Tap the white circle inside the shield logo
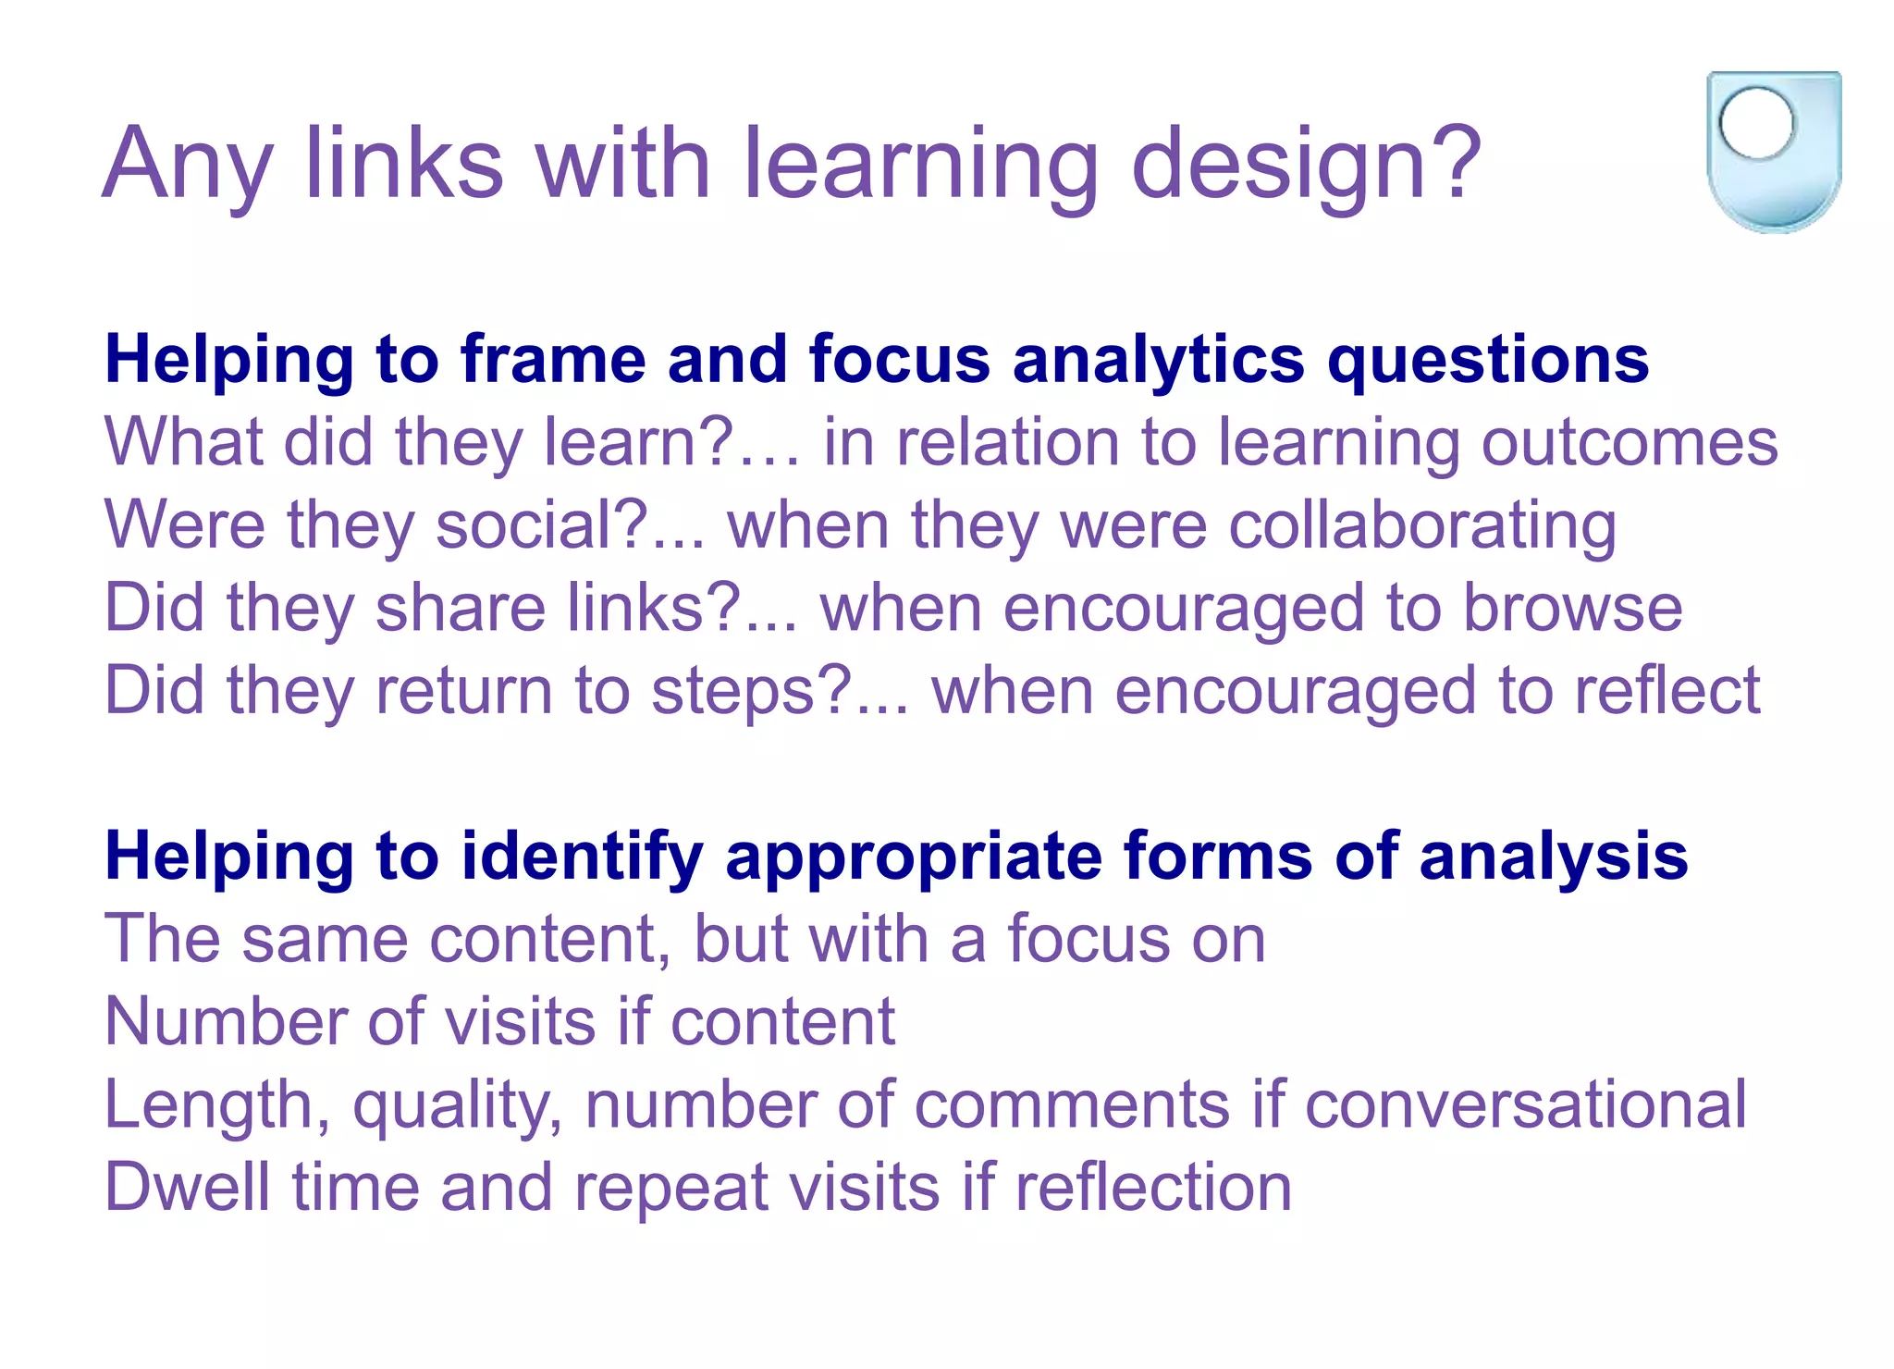coord(1755,122)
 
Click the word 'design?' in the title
coord(1306,165)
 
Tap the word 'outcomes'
coord(1630,442)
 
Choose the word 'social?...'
coord(570,525)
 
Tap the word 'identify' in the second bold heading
coord(582,857)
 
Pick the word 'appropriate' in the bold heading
coord(913,857)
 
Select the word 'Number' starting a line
coord(225,1022)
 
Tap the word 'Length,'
coord(216,1105)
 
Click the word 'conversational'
coord(1525,1104)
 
